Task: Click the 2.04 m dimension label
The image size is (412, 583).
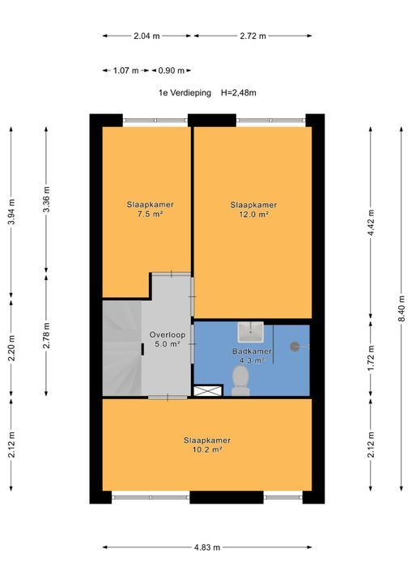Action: pyautogui.click(x=147, y=36)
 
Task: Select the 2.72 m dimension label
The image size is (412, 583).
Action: pyautogui.click(x=253, y=36)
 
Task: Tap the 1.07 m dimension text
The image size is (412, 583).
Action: pyautogui.click(x=125, y=70)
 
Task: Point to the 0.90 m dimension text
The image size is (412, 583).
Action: pyautogui.click(x=171, y=70)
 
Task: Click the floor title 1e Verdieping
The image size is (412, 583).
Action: pyautogui.click(x=185, y=93)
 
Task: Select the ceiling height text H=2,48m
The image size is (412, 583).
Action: pyautogui.click(x=238, y=93)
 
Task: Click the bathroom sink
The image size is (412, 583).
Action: pyautogui.click(x=251, y=332)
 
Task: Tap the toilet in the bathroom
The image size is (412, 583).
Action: pyautogui.click(x=240, y=381)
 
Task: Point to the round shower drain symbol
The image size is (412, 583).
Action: pyautogui.click(x=295, y=347)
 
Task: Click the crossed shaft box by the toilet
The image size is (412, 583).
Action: pyautogui.click(x=208, y=391)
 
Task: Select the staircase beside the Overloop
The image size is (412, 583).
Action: pyautogui.click(x=122, y=348)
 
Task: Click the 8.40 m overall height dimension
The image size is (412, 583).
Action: pyautogui.click(x=401, y=309)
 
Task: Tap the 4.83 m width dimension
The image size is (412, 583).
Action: pyautogui.click(x=207, y=547)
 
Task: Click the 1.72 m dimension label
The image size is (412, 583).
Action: pyautogui.click(x=371, y=360)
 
